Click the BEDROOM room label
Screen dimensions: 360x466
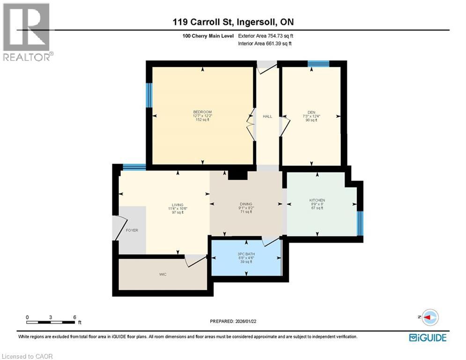(202, 112)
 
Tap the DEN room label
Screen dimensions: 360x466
(310, 112)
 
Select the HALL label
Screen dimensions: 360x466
(267, 116)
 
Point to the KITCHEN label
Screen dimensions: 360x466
(317, 200)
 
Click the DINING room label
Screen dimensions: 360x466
(246, 204)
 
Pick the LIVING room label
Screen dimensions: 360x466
(178, 204)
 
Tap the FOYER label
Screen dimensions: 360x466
(132, 231)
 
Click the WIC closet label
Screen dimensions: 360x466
(162, 274)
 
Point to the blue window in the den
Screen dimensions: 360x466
(318, 64)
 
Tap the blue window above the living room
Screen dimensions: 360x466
(134, 166)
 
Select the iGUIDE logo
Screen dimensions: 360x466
(427, 337)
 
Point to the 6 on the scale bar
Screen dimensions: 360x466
(75, 317)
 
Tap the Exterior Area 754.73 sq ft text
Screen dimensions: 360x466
(266, 36)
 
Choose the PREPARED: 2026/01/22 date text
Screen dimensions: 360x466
(233, 321)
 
